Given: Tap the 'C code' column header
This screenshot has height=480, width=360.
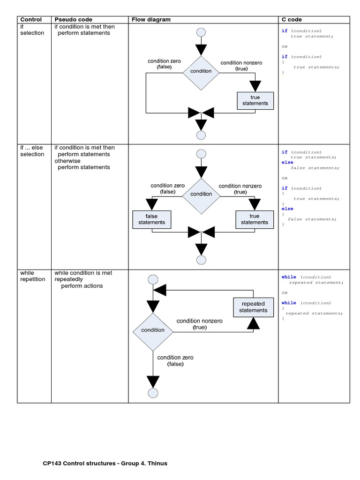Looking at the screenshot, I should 291,20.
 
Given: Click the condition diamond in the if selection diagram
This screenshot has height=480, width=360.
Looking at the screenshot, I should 201,71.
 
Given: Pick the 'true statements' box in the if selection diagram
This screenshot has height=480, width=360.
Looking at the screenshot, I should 255,100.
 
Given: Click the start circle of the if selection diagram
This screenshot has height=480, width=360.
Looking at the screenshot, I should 201,32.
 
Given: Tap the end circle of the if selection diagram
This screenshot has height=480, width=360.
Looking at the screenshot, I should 201,135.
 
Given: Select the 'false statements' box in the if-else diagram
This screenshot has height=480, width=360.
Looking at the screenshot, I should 151,219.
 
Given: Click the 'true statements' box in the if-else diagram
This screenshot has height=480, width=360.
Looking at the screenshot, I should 255,219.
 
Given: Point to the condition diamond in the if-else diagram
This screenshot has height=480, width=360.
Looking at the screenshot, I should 201,194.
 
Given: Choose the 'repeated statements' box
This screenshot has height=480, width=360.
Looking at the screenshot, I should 253,307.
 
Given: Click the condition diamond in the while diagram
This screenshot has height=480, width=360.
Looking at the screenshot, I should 153,330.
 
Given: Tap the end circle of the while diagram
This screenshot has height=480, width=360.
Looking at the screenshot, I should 153,393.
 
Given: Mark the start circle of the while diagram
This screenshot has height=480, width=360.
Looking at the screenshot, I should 153,280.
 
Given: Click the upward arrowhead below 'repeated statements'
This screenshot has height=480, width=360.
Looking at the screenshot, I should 253,323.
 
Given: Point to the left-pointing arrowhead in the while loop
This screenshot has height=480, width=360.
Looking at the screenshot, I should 160,290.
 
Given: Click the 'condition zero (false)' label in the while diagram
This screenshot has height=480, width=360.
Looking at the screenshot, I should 175,360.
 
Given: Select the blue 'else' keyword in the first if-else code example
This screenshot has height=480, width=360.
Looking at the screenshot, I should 287,163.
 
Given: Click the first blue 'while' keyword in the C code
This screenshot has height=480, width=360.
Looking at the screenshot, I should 289,277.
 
